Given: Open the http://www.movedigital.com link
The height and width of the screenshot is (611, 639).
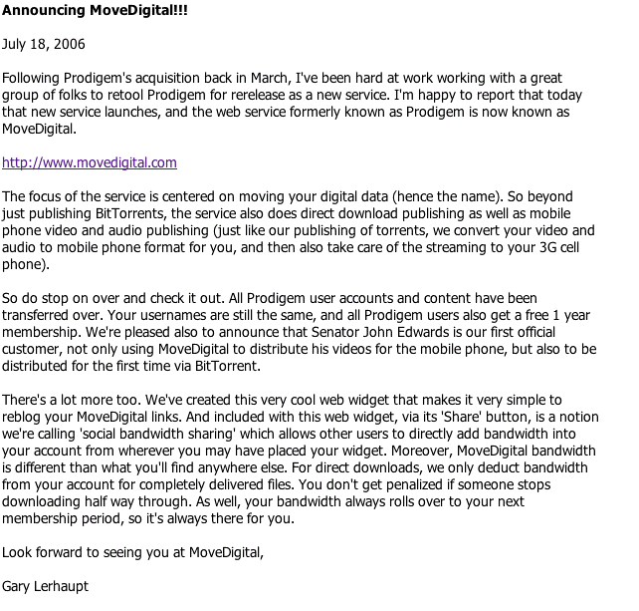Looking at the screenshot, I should (x=90, y=162).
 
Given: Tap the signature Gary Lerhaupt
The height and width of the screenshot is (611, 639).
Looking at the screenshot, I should (x=46, y=586).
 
